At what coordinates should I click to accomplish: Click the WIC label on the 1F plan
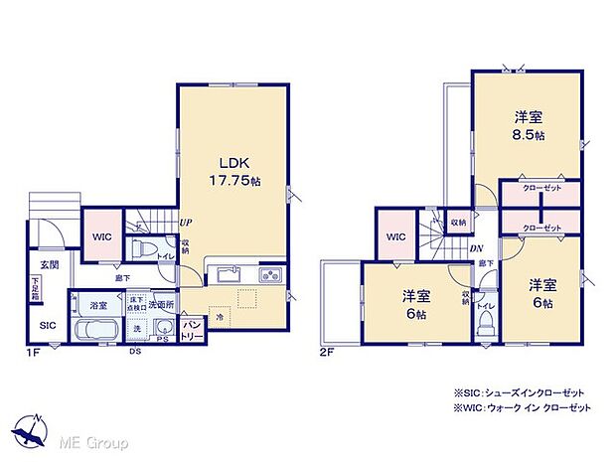[101, 236]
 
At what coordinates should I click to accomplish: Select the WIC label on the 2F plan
[396, 237]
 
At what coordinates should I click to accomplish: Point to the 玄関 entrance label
[50, 265]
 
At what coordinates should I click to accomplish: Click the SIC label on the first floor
[48, 325]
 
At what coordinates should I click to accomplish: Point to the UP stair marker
[185, 224]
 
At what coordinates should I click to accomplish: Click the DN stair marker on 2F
[476, 248]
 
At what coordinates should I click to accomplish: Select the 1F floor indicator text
[34, 351]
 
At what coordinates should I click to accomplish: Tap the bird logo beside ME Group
[34, 435]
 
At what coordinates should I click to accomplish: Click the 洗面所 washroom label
[162, 306]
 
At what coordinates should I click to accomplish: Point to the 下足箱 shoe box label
[36, 289]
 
